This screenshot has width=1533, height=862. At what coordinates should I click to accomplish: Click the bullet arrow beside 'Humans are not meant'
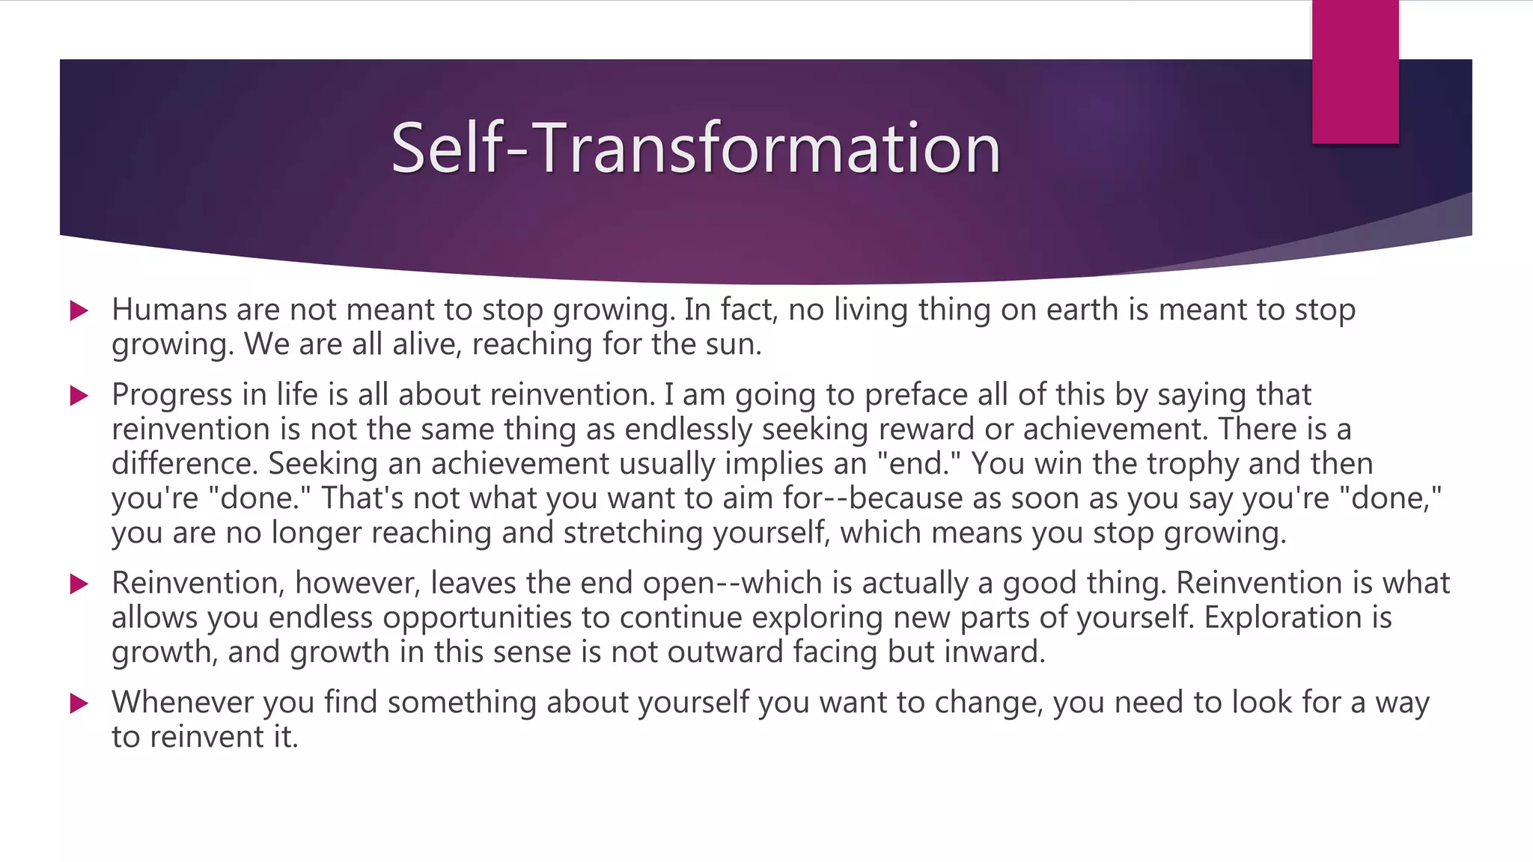coord(79,311)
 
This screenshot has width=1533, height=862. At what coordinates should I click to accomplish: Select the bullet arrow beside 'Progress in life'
coord(79,395)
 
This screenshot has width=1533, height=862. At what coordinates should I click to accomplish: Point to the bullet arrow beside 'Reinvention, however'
coord(79,584)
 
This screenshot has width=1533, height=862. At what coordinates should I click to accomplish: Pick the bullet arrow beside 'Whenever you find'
coord(79,703)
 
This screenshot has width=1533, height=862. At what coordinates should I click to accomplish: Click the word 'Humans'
coord(169,310)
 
